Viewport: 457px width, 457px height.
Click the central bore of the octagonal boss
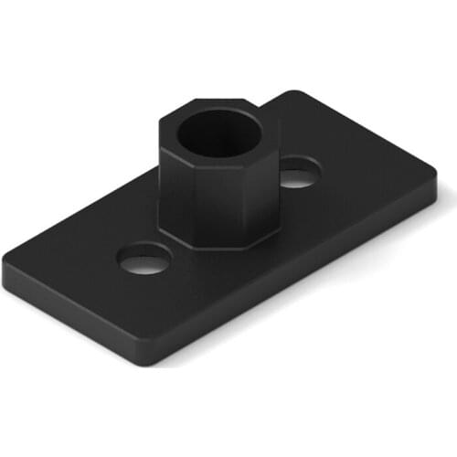pyautogui.click(x=219, y=136)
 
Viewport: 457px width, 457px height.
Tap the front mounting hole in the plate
pyautogui.click(x=144, y=260)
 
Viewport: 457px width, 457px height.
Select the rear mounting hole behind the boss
pyautogui.click(x=298, y=173)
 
